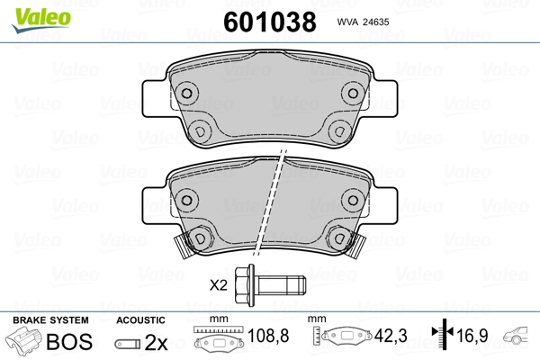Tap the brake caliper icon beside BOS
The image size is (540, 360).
[24, 343]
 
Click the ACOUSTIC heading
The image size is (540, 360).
[141, 320]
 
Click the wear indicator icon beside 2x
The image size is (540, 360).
[130, 344]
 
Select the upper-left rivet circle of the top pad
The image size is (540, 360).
[187, 92]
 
